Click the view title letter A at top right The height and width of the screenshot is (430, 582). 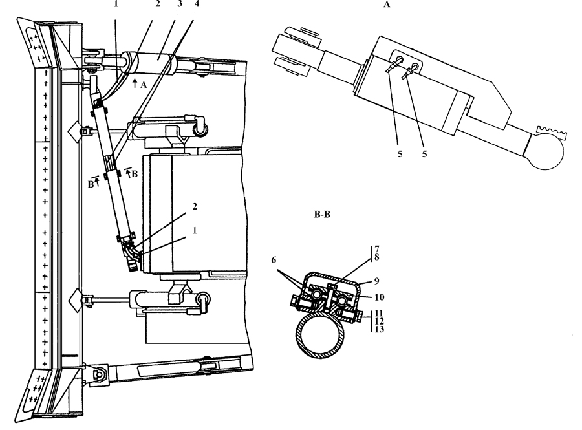coord(387,5)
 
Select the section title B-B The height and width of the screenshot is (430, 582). coord(322,215)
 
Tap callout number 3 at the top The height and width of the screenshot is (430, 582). coord(180,4)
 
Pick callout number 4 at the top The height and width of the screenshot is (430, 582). coord(197,4)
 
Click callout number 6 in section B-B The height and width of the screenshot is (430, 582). coord(274,260)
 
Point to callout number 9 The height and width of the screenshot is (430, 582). coord(376,281)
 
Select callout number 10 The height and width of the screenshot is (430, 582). coord(380,297)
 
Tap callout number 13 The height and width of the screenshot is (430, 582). coord(380,329)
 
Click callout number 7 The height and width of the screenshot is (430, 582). coord(377,249)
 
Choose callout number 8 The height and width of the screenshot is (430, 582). coord(377,257)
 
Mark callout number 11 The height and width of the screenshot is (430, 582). coord(380,314)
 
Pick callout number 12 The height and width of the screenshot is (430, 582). coord(380,321)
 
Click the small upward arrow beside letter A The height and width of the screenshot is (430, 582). coord(135,82)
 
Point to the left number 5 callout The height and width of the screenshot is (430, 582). coord(400,154)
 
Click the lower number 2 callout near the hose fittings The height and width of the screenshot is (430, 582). coord(195,207)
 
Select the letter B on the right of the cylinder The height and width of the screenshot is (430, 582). coord(135,174)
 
